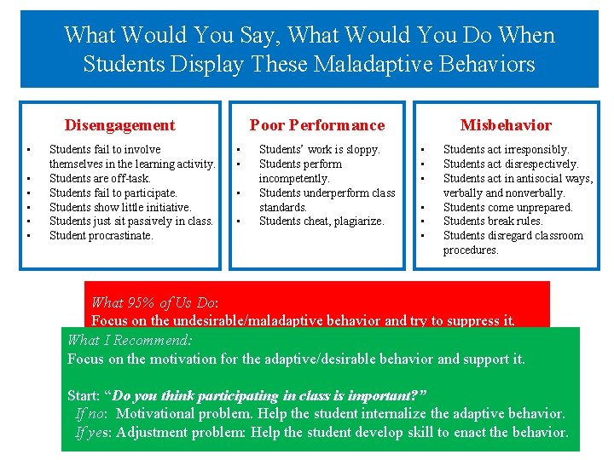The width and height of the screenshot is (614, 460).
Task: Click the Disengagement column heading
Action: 119,125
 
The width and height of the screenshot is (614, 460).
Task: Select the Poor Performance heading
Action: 316,125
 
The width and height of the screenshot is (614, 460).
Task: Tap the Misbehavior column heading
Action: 506,125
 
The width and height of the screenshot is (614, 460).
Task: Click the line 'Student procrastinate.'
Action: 101,235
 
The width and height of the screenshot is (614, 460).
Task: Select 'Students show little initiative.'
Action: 120,207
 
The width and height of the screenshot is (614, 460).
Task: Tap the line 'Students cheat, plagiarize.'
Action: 321,221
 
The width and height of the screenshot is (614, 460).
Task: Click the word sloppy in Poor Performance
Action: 362,149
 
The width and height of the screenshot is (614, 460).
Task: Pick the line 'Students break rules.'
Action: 493,221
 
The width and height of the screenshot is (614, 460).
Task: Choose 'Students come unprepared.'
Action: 508,207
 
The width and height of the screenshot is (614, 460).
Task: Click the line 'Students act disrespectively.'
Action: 511,164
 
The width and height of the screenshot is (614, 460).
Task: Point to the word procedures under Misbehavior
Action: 471,250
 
